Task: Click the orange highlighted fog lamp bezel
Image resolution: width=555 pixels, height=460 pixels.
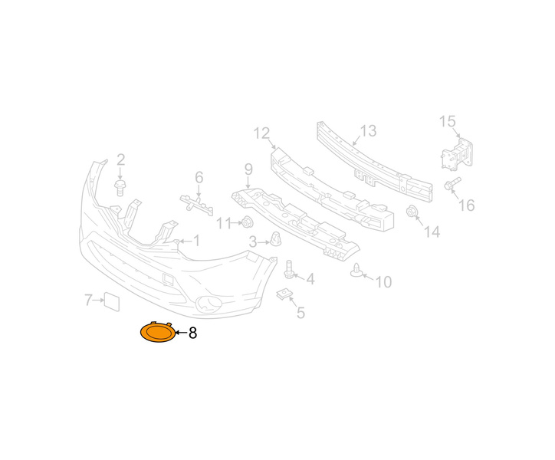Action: tap(158, 332)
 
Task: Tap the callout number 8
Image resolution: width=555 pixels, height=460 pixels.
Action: tap(193, 333)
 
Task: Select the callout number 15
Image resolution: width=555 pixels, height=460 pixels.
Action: tap(447, 121)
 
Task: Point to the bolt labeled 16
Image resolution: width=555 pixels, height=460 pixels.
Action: tap(452, 184)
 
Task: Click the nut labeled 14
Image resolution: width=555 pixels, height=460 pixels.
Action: tap(412, 211)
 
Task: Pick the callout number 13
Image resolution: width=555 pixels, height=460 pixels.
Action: tap(368, 130)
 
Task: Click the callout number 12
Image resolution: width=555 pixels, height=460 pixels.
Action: tap(262, 133)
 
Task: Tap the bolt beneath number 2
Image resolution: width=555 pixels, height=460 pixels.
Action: tap(120, 187)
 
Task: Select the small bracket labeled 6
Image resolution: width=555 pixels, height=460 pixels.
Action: tap(197, 205)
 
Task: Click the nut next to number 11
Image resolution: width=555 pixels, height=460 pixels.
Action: tap(247, 222)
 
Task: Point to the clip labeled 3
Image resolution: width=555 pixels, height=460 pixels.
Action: tap(276, 239)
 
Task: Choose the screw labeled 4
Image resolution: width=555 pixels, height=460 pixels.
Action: tap(288, 269)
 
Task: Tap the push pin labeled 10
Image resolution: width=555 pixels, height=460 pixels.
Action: tap(356, 271)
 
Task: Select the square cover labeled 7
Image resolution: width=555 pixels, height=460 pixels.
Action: tap(111, 302)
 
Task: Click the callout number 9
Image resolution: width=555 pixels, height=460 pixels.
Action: tap(248, 169)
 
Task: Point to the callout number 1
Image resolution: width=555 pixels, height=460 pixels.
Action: tap(196, 241)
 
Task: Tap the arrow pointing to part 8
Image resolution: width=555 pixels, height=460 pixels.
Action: tap(181, 333)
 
